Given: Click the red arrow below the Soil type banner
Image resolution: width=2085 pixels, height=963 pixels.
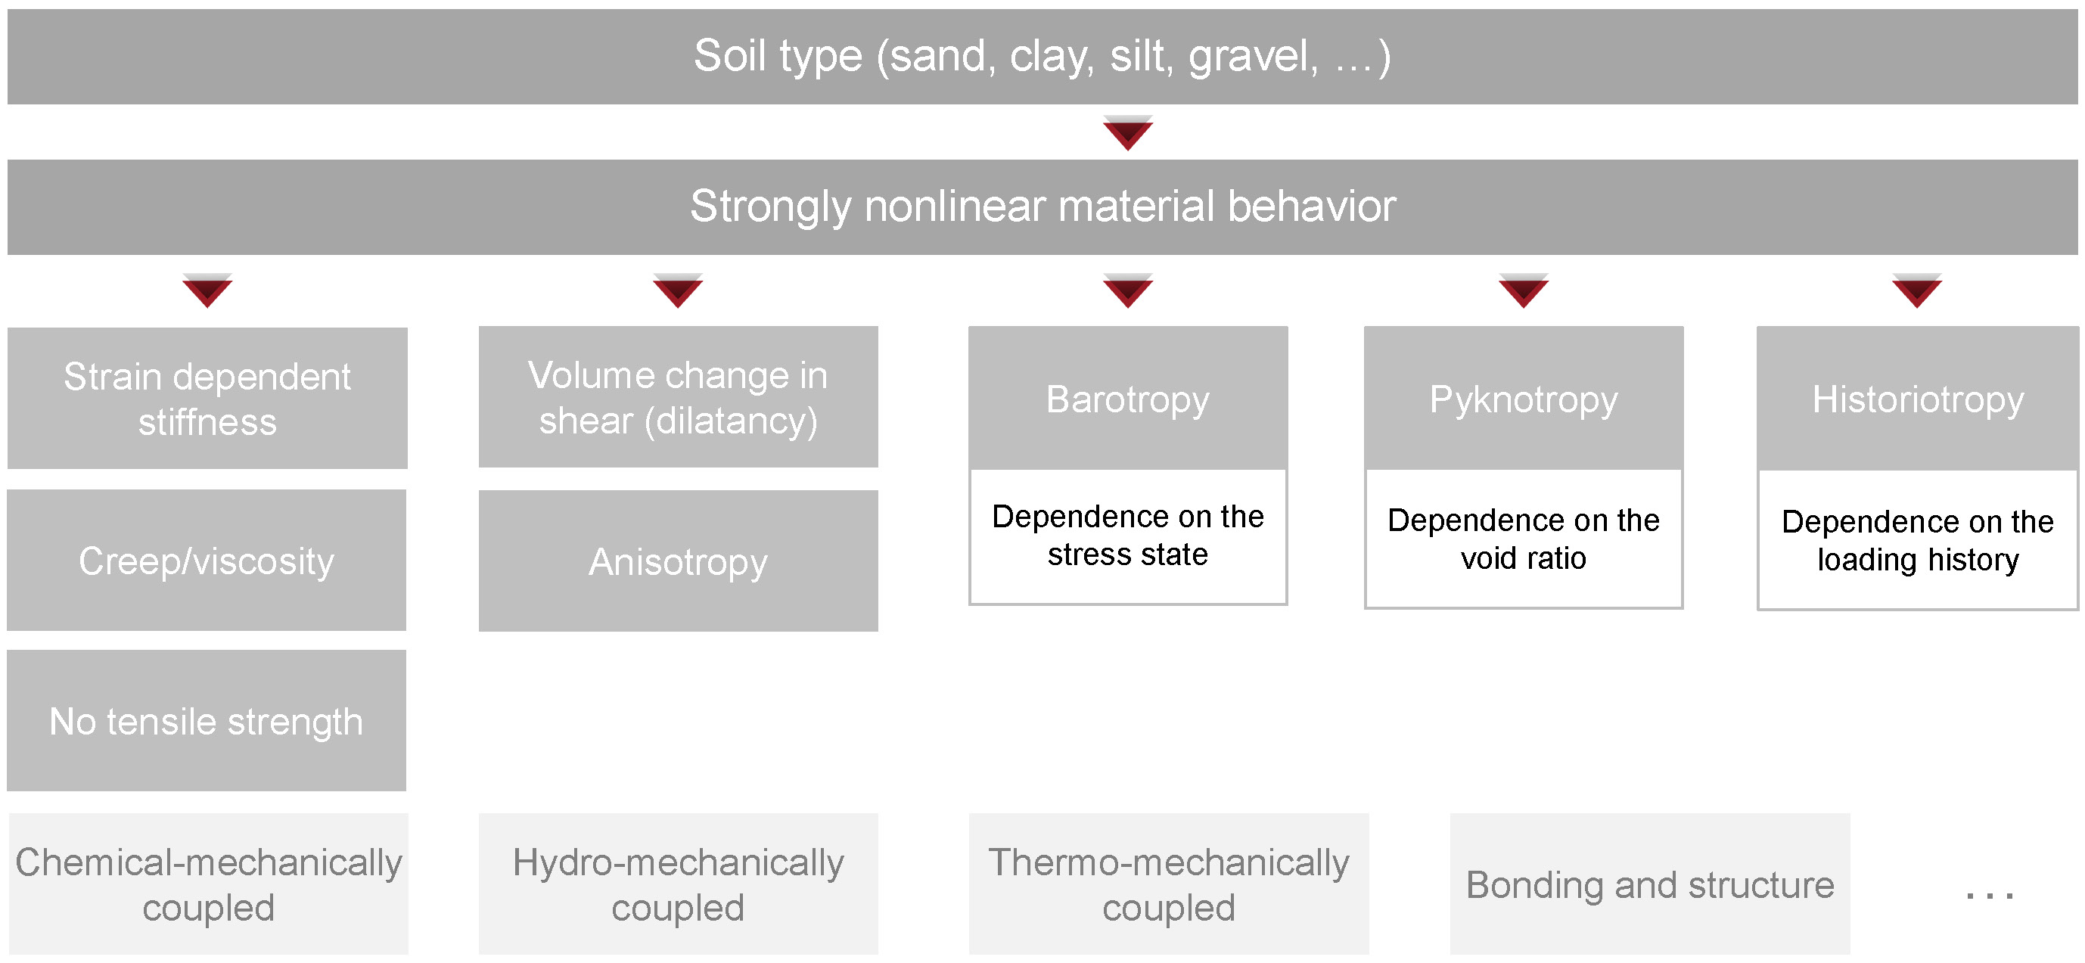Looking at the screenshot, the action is (x=1127, y=132).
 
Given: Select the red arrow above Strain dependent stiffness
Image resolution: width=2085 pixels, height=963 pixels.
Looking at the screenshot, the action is (x=207, y=290).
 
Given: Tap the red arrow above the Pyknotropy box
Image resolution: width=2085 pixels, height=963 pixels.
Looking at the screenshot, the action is (x=1524, y=290).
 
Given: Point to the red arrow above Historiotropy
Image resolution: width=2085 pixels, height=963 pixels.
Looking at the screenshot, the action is (x=1916, y=290).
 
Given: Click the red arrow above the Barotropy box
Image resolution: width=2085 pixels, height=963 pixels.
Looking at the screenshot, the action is (x=1127, y=290).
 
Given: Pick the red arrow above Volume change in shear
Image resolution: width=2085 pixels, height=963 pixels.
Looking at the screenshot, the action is (x=677, y=290).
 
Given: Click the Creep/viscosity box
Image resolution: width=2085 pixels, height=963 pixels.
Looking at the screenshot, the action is (x=207, y=560).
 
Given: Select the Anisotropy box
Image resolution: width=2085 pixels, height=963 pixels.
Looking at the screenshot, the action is (x=679, y=561).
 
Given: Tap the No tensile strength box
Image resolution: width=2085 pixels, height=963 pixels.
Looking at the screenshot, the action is (x=207, y=720).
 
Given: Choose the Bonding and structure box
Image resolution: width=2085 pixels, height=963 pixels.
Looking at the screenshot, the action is (x=1649, y=884).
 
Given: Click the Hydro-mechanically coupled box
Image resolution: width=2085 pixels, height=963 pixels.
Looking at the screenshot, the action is (x=679, y=884).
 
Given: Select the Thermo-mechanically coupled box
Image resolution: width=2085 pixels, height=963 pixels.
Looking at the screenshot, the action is (x=1169, y=884).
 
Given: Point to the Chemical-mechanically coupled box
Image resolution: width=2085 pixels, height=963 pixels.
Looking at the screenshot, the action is (x=209, y=884).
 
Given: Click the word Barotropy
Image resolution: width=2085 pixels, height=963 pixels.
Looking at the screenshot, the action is (x=1127, y=399).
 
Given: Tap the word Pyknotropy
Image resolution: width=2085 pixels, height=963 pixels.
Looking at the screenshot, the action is (x=1524, y=399).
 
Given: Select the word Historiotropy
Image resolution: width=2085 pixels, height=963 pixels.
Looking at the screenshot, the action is (x=1918, y=399).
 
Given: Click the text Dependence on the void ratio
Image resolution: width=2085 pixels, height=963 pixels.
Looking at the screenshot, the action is (x=1524, y=539).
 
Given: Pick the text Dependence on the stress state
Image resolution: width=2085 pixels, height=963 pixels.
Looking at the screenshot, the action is (x=1127, y=535).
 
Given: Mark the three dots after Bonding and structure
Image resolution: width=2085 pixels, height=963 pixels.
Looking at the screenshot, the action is (x=1990, y=895).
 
